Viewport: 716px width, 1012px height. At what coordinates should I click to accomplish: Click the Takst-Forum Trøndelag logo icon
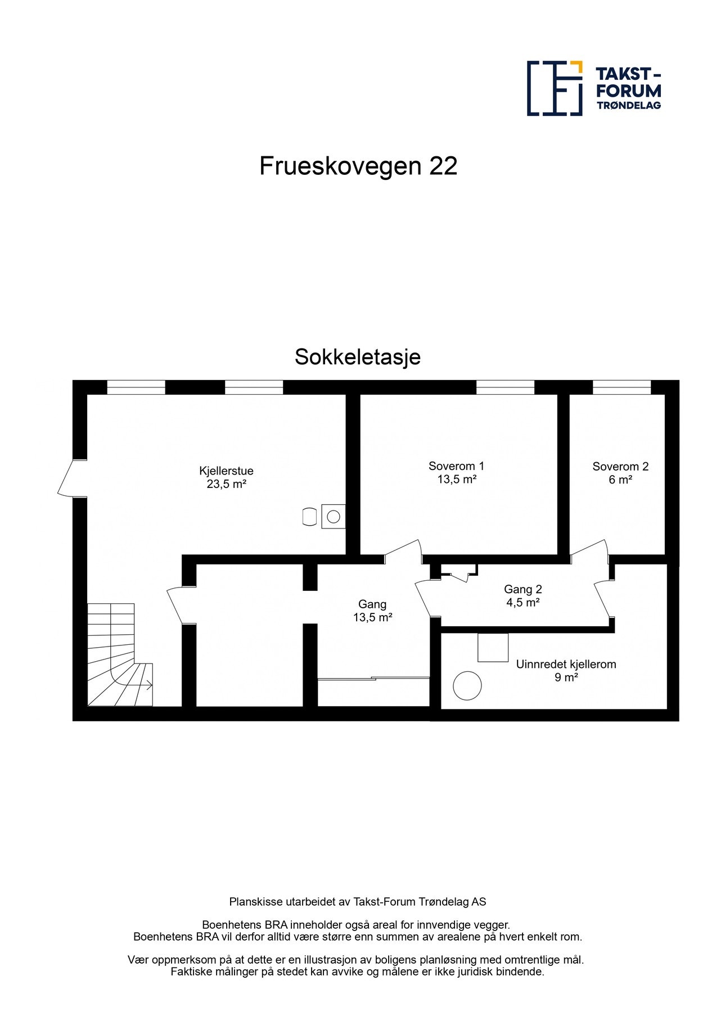click(x=554, y=88)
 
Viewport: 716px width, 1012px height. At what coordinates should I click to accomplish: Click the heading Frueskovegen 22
click(x=358, y=166)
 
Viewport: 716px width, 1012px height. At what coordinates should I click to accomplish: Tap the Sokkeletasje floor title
click(x=358, y=357)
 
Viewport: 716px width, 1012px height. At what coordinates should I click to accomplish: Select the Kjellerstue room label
click(x=226, y=471)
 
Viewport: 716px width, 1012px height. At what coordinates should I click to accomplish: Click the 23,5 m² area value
click(x=226, y=484)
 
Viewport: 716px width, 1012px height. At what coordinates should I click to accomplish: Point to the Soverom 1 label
click(x=456, y=466)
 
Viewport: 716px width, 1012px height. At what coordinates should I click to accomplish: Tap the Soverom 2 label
click(x=620, y=467)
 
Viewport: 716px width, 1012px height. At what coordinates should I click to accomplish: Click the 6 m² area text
click(x=620, y=480)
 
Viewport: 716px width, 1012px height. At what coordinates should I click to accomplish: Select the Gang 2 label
click(x=523, y=589)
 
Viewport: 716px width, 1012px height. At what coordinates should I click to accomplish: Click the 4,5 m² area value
click(x=523, y=603)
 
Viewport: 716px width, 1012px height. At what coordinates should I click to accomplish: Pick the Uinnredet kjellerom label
click(x=566, y=664)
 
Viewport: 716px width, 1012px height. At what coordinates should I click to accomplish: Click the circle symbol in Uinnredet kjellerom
click(x=467, y=686)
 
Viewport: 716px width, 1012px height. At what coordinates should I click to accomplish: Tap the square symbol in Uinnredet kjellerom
click(x=493, y=647)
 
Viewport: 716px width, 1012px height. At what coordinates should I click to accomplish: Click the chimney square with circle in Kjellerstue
click(x=333, y=516)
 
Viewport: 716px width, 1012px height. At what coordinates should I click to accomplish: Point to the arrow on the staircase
click(x=148, y=685)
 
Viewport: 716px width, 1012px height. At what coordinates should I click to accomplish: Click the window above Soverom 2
click(x=622, y=387)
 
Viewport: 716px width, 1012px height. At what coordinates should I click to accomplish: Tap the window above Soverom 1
click(x=505, y=387)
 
